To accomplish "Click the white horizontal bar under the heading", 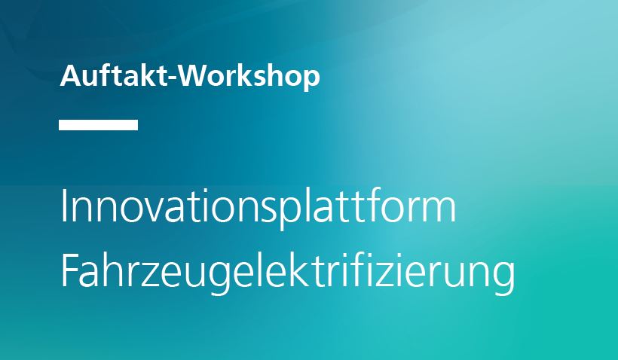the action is (98, 125).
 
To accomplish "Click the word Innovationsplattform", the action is (259, 209).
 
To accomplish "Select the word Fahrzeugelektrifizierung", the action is (287, 273).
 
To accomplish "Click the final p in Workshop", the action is (311, 79).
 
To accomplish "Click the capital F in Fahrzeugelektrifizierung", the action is (70, 270).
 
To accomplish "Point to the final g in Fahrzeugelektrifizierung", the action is (505, 279).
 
